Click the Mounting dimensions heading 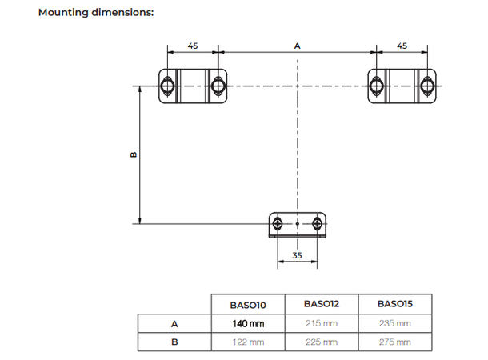(96, 13)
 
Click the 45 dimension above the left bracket (193, 46)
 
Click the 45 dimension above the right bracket (402, 46)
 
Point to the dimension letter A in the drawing (297, 46)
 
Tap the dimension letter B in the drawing (134, 154)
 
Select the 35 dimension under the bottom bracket (297, 256)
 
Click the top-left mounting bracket (193, 85)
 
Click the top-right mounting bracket (402, 85)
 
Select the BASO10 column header (247, 305)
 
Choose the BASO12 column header (321, 304)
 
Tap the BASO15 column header (394, 304)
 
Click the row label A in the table (174, 323)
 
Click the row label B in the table (174, 342)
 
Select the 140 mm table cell (248, 323)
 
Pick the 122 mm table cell (248, 342)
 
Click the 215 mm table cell (321, 323)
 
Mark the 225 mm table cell (321, 342)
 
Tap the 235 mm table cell (394, 323)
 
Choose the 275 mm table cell (394, 342)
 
